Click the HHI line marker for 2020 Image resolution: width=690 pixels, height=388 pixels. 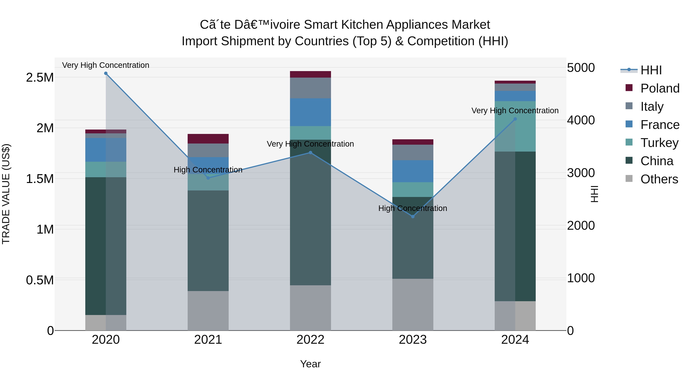[106, 73]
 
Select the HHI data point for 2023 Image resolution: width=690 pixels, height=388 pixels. [413, 216]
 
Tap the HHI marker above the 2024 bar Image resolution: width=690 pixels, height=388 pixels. [515, 119]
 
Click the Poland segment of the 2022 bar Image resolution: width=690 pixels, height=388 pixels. [310, 75]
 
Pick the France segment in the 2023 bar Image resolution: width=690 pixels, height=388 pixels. [413, 171]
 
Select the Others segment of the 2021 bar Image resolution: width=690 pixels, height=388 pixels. [208, 311]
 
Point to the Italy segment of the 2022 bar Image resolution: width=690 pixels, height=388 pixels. [310, 88]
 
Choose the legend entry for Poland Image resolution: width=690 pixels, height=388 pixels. [660, 88]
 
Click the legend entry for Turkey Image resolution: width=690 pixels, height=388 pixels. [659, 143]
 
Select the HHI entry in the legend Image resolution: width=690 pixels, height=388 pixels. [651, 70]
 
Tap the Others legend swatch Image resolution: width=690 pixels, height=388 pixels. [629, 179]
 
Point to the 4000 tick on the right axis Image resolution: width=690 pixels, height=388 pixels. [581, 120]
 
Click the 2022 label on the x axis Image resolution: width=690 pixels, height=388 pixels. [310, 340]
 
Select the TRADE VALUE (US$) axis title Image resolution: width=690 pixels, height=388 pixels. [6, 194]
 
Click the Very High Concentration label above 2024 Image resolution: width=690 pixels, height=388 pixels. [515, 111]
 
